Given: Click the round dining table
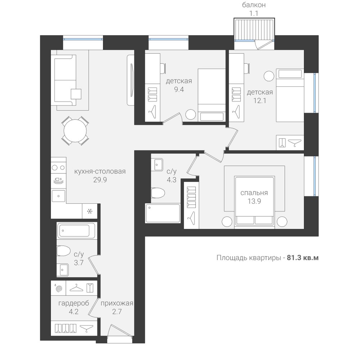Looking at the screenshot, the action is coord(75,131).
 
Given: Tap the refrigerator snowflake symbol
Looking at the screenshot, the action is coord(90,211).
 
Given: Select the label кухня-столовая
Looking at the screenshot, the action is coord(100,171).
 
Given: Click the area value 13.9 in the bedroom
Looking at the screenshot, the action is coord(254,201).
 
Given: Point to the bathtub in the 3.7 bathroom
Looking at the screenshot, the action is coord(76,230).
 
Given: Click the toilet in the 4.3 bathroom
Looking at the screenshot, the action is coord(158,193).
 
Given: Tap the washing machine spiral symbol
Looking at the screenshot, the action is coord(59,288).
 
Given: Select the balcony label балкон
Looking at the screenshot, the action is coord(254,5).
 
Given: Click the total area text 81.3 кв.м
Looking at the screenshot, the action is coord(303,258).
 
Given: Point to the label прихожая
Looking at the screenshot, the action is coord(117,303).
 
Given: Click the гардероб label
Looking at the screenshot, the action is coord(73,303).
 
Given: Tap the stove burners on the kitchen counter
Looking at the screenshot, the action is coord(58,168).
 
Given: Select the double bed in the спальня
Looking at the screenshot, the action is coord(255,202).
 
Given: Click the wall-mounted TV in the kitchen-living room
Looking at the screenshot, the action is coord(131,80).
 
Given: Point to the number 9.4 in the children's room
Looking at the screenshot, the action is coord(179,89).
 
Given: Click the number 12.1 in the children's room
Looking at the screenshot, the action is coord(260,100).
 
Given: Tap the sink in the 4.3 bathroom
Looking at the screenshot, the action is coord(157,165).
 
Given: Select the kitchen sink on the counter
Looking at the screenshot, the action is coord(58,196).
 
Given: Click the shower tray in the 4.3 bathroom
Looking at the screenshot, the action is coord(163,213).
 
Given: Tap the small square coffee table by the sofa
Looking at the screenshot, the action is coord(76,94).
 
